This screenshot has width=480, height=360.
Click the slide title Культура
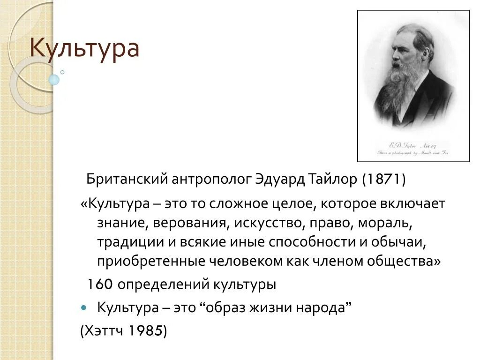tap(85, 49)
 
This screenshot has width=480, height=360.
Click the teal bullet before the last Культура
tap(84, 308)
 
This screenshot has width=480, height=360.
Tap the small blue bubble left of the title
tap(54, 80)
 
